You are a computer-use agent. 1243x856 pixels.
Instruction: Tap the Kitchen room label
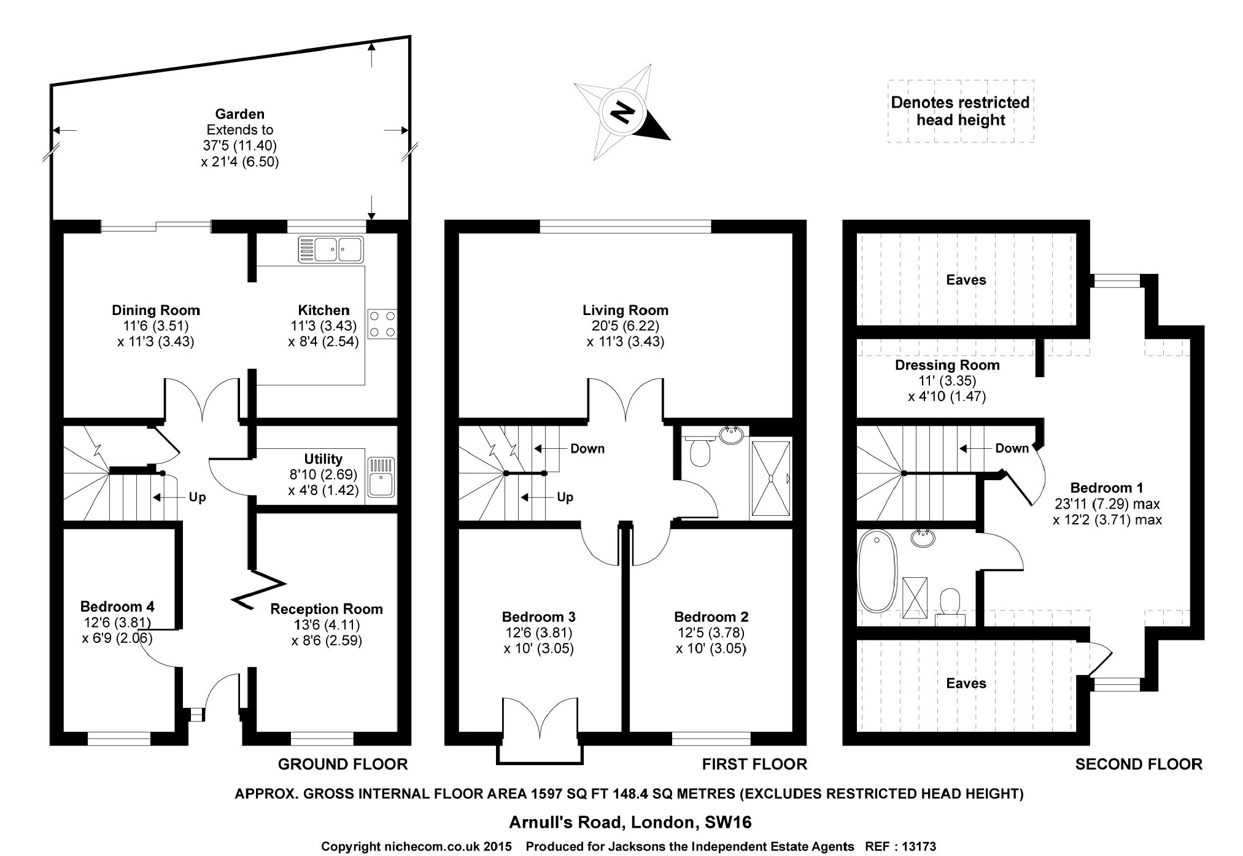tap(323, 310)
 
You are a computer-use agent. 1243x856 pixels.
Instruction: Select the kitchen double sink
tap(331, 249)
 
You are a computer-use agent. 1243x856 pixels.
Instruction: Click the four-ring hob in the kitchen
tap(382, 324)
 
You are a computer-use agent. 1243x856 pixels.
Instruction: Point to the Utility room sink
tap(381, 477)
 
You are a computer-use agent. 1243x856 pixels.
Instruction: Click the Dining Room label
tap(156, 310)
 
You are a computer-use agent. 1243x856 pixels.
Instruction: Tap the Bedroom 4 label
tap(117, 607)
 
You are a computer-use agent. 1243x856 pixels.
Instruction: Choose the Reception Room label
tap(327, 609)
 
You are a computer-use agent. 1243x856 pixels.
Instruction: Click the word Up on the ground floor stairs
tap(197, 497)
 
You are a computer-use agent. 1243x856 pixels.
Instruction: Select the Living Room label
tap(625, 310)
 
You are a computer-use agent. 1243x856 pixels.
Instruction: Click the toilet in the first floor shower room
tap(700, 451)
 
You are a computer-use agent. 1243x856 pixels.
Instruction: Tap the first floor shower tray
tap(770, 478)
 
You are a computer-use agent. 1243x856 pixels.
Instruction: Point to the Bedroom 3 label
tap(538, 617)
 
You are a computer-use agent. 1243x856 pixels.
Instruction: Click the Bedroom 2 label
tap(711, 617)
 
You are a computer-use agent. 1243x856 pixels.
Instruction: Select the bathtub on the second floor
tap(877, 570)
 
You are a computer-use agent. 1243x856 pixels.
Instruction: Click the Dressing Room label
tap(947, 365)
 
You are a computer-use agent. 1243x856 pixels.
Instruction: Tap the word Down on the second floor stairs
tap(1012, 448)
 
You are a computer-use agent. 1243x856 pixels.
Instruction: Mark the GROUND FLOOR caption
tap(343, 764)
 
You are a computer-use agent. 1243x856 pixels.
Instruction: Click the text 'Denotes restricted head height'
tap(960, 111)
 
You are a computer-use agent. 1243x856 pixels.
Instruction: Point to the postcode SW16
tap(728, 822)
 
